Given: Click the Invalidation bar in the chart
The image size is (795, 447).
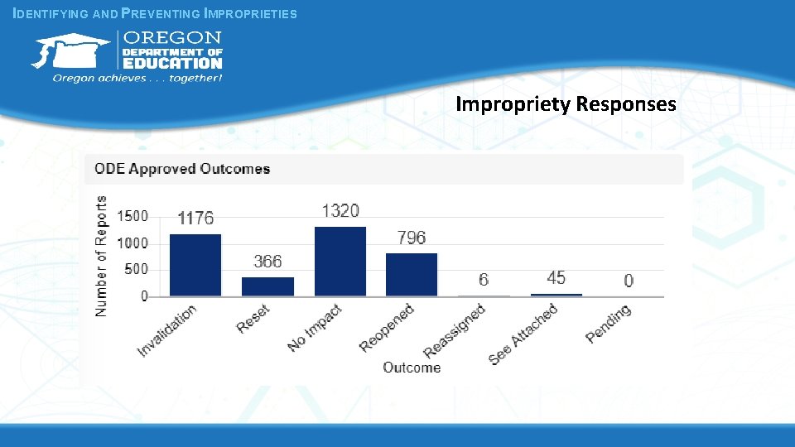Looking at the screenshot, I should coord(195,265).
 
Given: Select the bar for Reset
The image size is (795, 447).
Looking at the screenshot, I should coord(267,286).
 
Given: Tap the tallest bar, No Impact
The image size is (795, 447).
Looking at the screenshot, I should coord(340,261).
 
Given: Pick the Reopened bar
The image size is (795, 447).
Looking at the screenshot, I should coord(412,275).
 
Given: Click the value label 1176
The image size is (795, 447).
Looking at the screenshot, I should coord(195,219).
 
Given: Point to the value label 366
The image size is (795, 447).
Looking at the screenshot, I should coord(267,262).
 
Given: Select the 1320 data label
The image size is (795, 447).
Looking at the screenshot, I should coord(340,211).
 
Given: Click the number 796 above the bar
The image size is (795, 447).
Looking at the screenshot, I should coord(412,238).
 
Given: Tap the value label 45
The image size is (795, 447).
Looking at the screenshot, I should coord(556,278).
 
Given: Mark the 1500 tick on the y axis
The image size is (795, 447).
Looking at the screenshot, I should coord(132,216).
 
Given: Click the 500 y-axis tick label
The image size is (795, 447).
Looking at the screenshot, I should coord(134,269).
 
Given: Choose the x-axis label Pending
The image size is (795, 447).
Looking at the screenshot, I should coord(609,324).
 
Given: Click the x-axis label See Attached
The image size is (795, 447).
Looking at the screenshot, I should coord(524,334).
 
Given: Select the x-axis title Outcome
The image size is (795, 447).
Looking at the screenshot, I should coord(412,368).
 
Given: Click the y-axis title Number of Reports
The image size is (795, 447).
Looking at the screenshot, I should coord(102,256).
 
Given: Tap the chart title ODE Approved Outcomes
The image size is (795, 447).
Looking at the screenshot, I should coord(182,169).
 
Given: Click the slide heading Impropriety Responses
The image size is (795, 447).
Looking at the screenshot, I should coord(566,104).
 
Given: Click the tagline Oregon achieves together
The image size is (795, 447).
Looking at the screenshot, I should coord(137,79).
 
